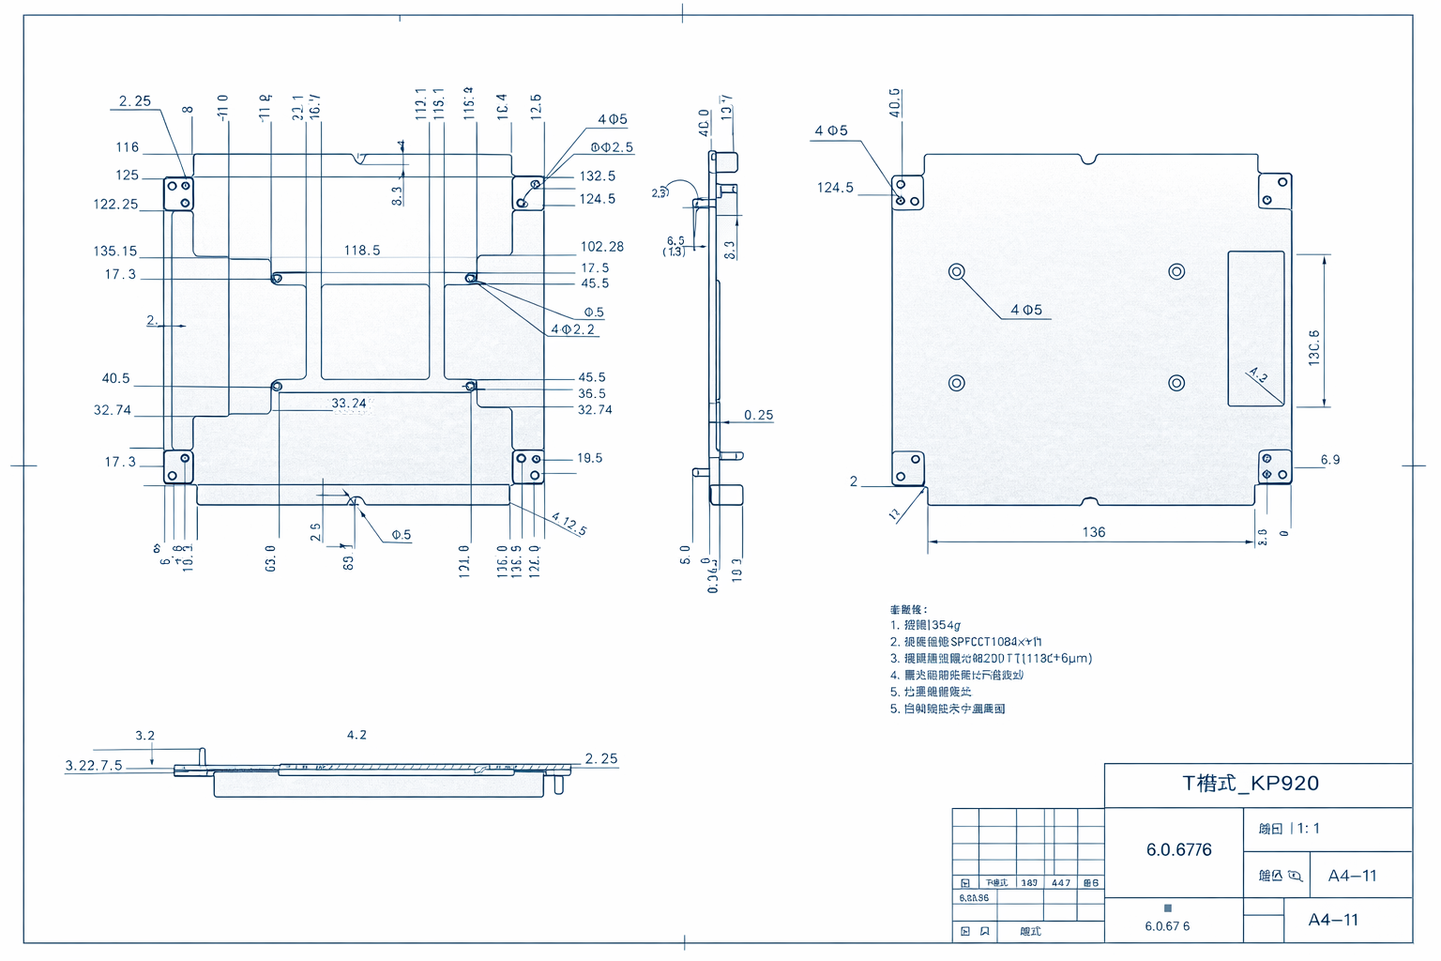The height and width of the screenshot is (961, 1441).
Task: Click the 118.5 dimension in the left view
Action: click(362, 251)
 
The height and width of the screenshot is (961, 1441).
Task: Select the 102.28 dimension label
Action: click(601, 247)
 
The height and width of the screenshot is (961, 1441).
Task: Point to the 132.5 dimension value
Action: click(597, 176)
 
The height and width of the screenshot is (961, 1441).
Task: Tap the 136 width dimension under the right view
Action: click(1094, 532)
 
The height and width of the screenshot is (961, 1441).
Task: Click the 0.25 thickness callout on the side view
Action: click(758, 415)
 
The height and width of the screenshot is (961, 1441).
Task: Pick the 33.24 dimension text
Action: click(349, 404)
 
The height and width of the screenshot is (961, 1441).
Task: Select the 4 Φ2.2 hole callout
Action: click(572, 329)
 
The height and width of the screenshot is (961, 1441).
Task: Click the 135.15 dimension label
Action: click(114, 252)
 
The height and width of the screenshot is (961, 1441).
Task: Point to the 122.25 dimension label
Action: click(114, 205)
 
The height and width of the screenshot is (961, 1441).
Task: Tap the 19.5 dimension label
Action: click(589, 458)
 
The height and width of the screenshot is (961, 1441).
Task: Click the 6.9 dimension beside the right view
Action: click(1330, 460)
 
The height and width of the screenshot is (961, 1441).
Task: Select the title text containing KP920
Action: click(1251, 784)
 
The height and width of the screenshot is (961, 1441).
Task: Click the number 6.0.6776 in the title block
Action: click(1178, 850)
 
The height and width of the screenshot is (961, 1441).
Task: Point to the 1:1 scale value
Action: click(1308, 829)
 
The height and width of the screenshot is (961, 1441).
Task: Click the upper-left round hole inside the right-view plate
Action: click(956, 272)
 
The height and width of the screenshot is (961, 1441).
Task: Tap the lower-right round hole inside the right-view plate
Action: click(1176, 383)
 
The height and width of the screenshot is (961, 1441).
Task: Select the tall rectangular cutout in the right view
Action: click(1256, 328)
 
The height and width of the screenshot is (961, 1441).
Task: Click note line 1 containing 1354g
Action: click(925, 625)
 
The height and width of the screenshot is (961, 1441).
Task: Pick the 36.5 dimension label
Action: click(591, 394)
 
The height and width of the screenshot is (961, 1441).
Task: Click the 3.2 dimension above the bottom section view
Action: click(144, 736)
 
